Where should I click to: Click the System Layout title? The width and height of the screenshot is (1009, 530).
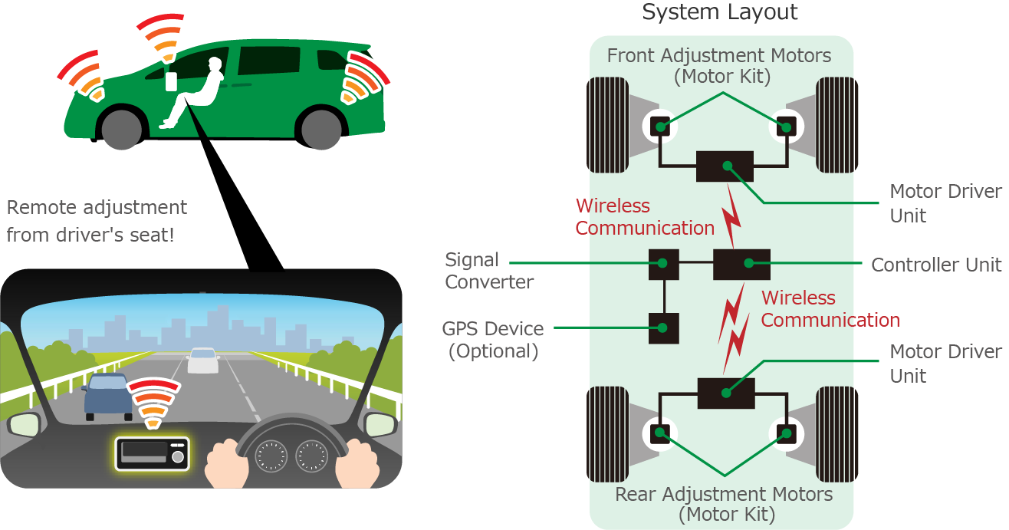[x=720, y=12]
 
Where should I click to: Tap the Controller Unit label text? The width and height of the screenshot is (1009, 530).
[x=935, y=265]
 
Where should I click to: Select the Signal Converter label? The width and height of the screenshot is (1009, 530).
[x=489, y=271]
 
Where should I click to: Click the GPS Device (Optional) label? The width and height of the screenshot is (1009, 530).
[x=493, y=340]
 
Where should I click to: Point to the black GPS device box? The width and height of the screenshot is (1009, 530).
[x=664, y=328]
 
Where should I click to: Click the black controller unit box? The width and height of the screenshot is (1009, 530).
[x=741, y=264]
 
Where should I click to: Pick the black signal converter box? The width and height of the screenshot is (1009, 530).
[x=663, y=264]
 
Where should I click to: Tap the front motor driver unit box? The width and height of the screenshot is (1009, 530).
[x=725, y=166]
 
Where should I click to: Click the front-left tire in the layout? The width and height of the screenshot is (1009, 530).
[x=607, y=125]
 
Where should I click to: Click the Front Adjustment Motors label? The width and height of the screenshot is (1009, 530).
[x=718, y=66]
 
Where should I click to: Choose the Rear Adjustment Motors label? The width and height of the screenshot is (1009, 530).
[x=724, y=503]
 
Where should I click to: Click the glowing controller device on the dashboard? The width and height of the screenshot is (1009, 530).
[x=152, y=453]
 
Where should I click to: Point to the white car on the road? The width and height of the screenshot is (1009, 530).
[x=203, y=360]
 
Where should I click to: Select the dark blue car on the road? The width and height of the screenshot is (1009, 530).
[x=107, y=395]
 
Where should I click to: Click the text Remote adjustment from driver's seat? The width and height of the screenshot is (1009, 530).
[x=96, y=220]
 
